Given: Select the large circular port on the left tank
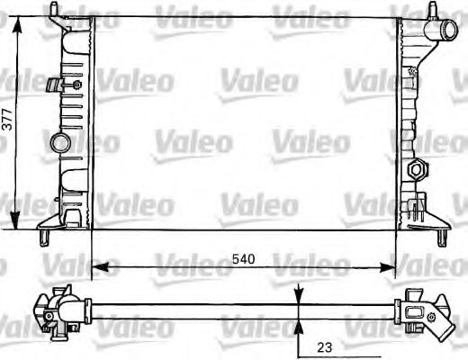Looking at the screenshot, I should click(x=62, y=142).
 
